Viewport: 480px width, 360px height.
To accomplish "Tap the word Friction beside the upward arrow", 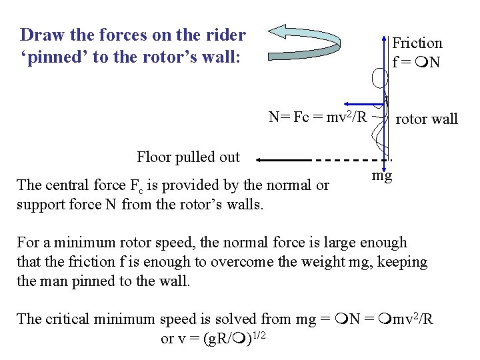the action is [417, 43].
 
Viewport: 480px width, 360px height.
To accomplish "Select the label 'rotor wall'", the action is [427, 119].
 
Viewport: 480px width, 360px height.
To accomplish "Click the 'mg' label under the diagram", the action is [382, 176].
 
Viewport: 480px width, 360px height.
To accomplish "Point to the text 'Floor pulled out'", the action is [188, 157].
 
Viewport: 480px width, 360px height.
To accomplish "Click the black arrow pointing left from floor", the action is [283, 160].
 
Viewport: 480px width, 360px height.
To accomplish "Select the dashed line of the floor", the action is [350, 160].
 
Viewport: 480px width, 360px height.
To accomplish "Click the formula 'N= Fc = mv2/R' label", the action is [318, 118].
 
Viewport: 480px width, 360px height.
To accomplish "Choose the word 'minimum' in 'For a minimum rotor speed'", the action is [81, 243].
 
